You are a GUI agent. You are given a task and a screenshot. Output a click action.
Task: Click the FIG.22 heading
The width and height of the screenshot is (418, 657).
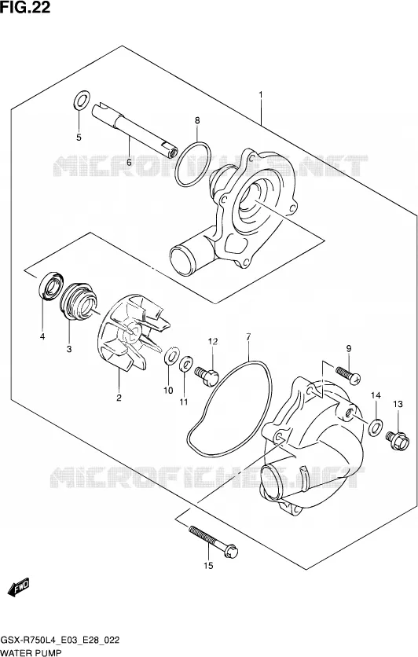coord(25,7)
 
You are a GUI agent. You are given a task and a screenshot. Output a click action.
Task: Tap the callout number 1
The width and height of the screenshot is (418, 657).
coord(261,94)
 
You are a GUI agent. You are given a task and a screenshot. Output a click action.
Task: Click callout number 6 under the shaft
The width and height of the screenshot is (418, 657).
coord(129,162)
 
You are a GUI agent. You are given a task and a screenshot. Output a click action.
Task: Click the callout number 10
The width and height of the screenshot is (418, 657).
coord(168,391)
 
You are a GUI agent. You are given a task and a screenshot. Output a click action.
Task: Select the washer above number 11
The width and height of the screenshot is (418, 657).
coord(185,364)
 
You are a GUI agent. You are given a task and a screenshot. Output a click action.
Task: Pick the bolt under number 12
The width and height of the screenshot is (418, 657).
coord(207,375)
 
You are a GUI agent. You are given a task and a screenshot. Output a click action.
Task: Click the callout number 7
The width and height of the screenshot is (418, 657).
coord(248,336)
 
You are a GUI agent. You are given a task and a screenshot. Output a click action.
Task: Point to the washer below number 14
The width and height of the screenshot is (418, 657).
coord(376,426)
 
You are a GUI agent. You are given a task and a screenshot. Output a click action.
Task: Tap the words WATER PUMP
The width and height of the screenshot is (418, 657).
coord(31,652)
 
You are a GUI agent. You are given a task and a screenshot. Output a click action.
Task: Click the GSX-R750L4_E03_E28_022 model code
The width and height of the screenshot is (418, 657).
coord(60,640)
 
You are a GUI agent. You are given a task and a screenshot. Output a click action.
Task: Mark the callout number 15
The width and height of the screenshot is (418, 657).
coord(208,566)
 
